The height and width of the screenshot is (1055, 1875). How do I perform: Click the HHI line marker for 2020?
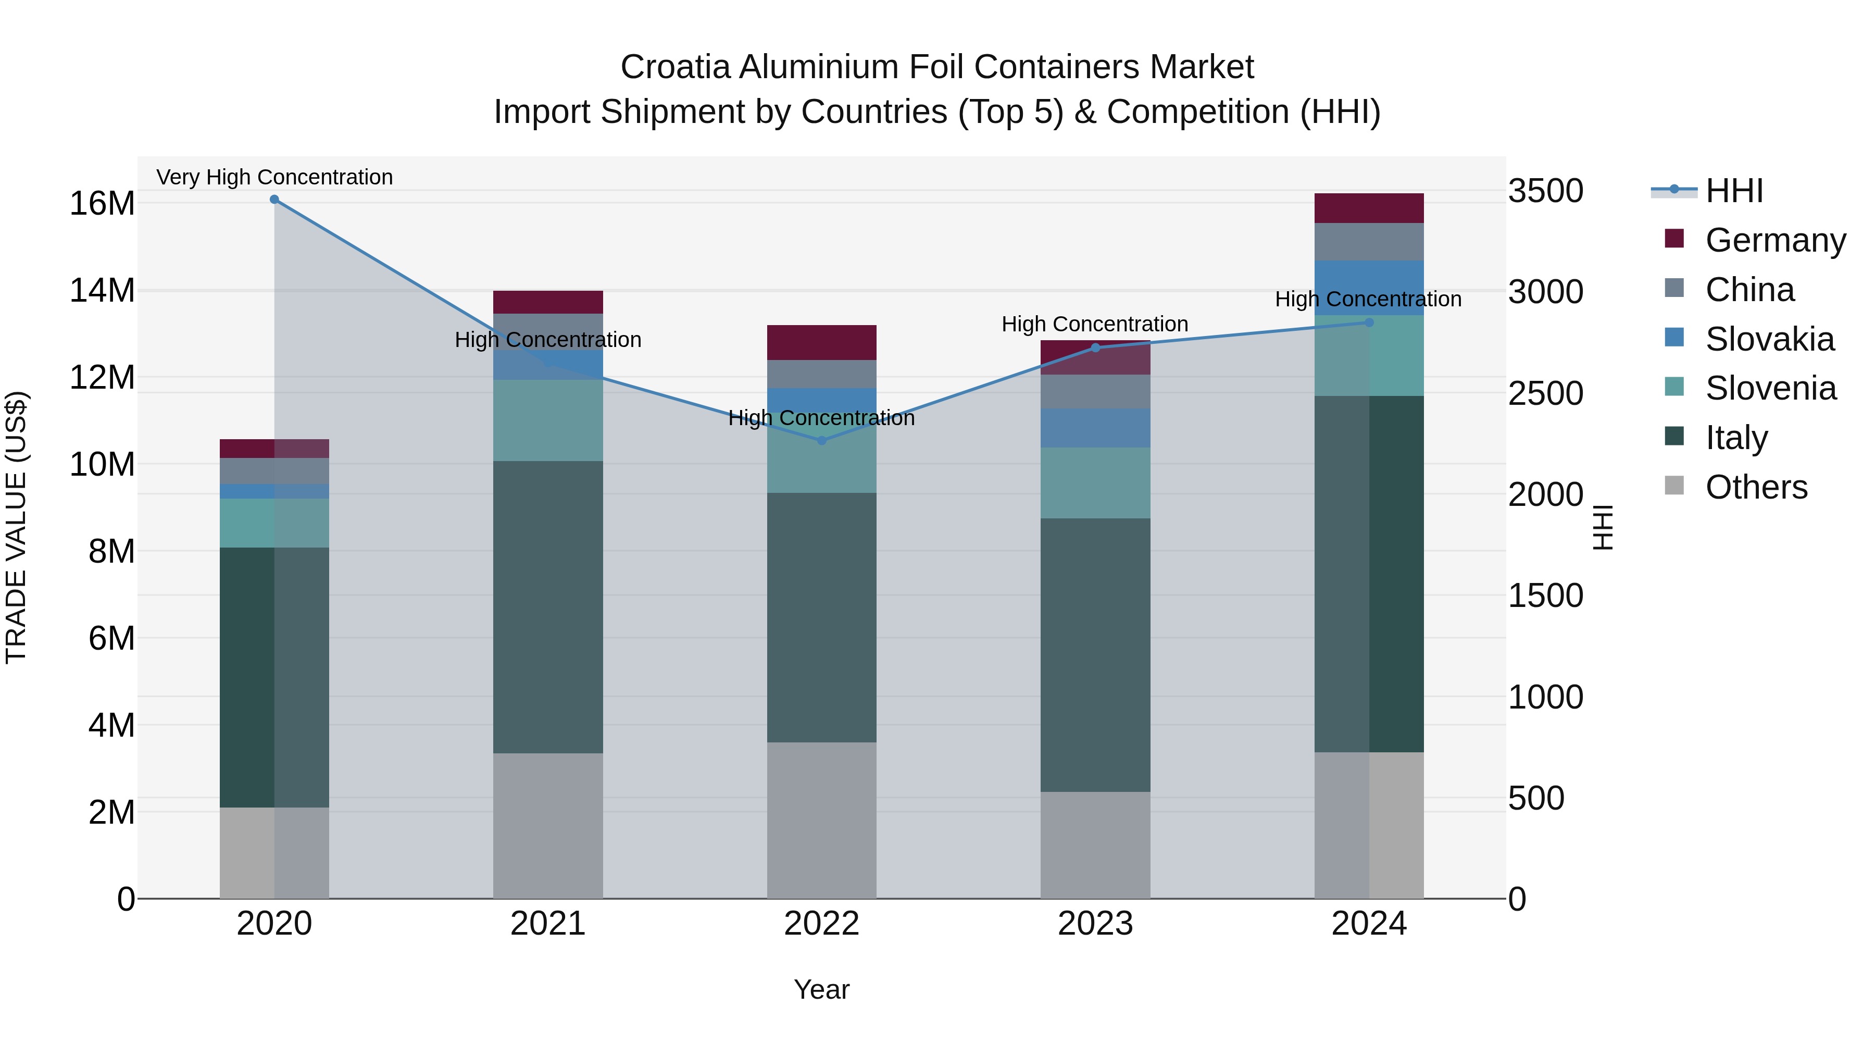pos(274,200)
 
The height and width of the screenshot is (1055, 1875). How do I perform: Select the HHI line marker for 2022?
pos(822,440)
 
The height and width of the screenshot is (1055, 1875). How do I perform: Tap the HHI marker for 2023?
pos(1095,348)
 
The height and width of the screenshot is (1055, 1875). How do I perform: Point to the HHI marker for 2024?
pos(1369,322)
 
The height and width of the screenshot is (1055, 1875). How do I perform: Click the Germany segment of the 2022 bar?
pos(822,342)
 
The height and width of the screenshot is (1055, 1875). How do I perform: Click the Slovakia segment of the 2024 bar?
pos(1369,288)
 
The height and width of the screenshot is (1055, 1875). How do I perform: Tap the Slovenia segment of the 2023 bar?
pos(1095,483)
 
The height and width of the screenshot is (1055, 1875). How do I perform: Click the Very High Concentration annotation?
pos(274,177)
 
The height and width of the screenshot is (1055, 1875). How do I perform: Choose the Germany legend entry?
pos(1774,240)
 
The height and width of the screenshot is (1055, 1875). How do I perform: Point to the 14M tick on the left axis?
pos(102,291)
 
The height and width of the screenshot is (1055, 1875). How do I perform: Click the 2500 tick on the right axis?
pos(1545,393)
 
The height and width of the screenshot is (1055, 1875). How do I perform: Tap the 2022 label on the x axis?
pos(822,924)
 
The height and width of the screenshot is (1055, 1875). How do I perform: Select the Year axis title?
pos(822,989)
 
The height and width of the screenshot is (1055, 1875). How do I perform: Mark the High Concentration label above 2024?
pos(1368,299)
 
